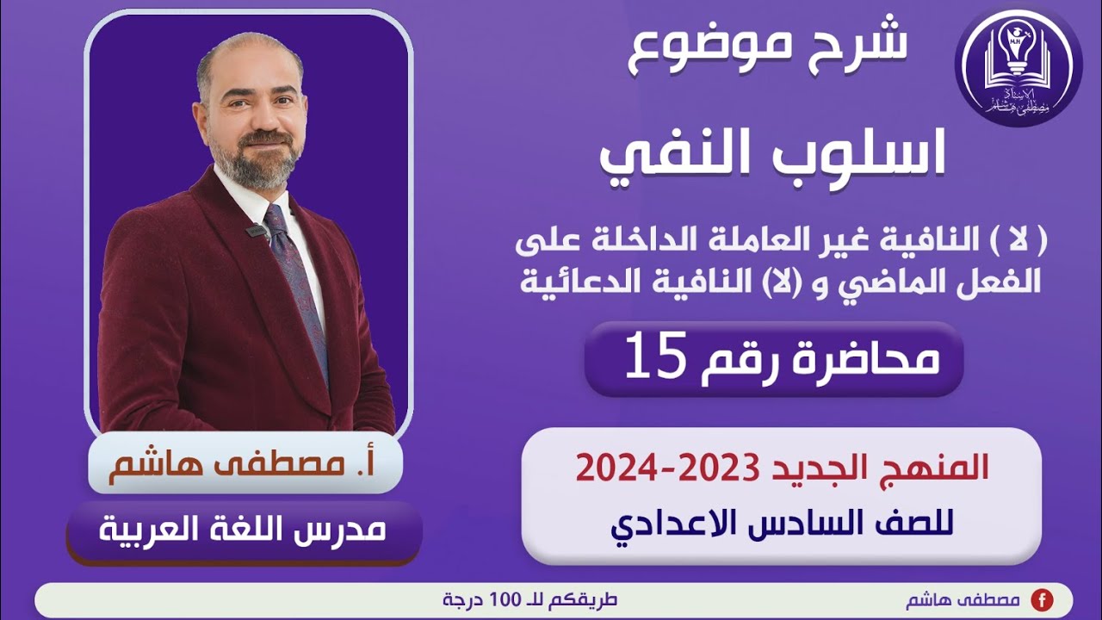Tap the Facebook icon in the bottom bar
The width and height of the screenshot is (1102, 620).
(x=1042, y=600)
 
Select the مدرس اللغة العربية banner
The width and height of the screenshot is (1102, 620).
(x=245, y=530)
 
